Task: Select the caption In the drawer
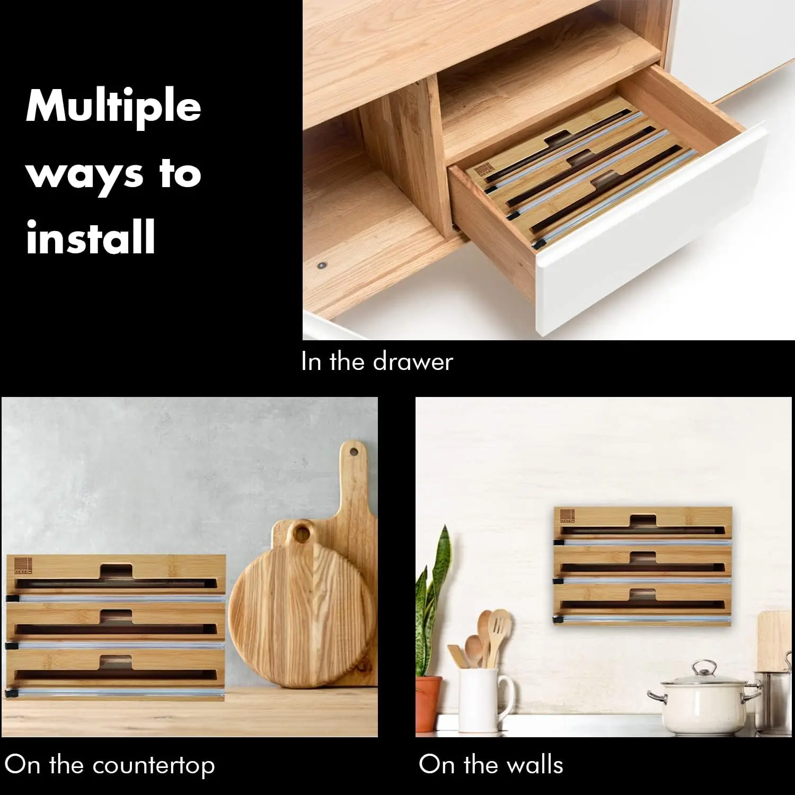tap(377, 361)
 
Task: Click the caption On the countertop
tap(110, 766)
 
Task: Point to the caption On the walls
tap(491, 765)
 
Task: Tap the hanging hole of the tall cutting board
tap(354, 452)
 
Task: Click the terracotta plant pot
tap(428, 703)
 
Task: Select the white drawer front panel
tap(649, 233)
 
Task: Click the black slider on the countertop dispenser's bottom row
tap(10, 692)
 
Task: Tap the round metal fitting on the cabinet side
tap(321, 264)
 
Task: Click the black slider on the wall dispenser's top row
tap(559, 542)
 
